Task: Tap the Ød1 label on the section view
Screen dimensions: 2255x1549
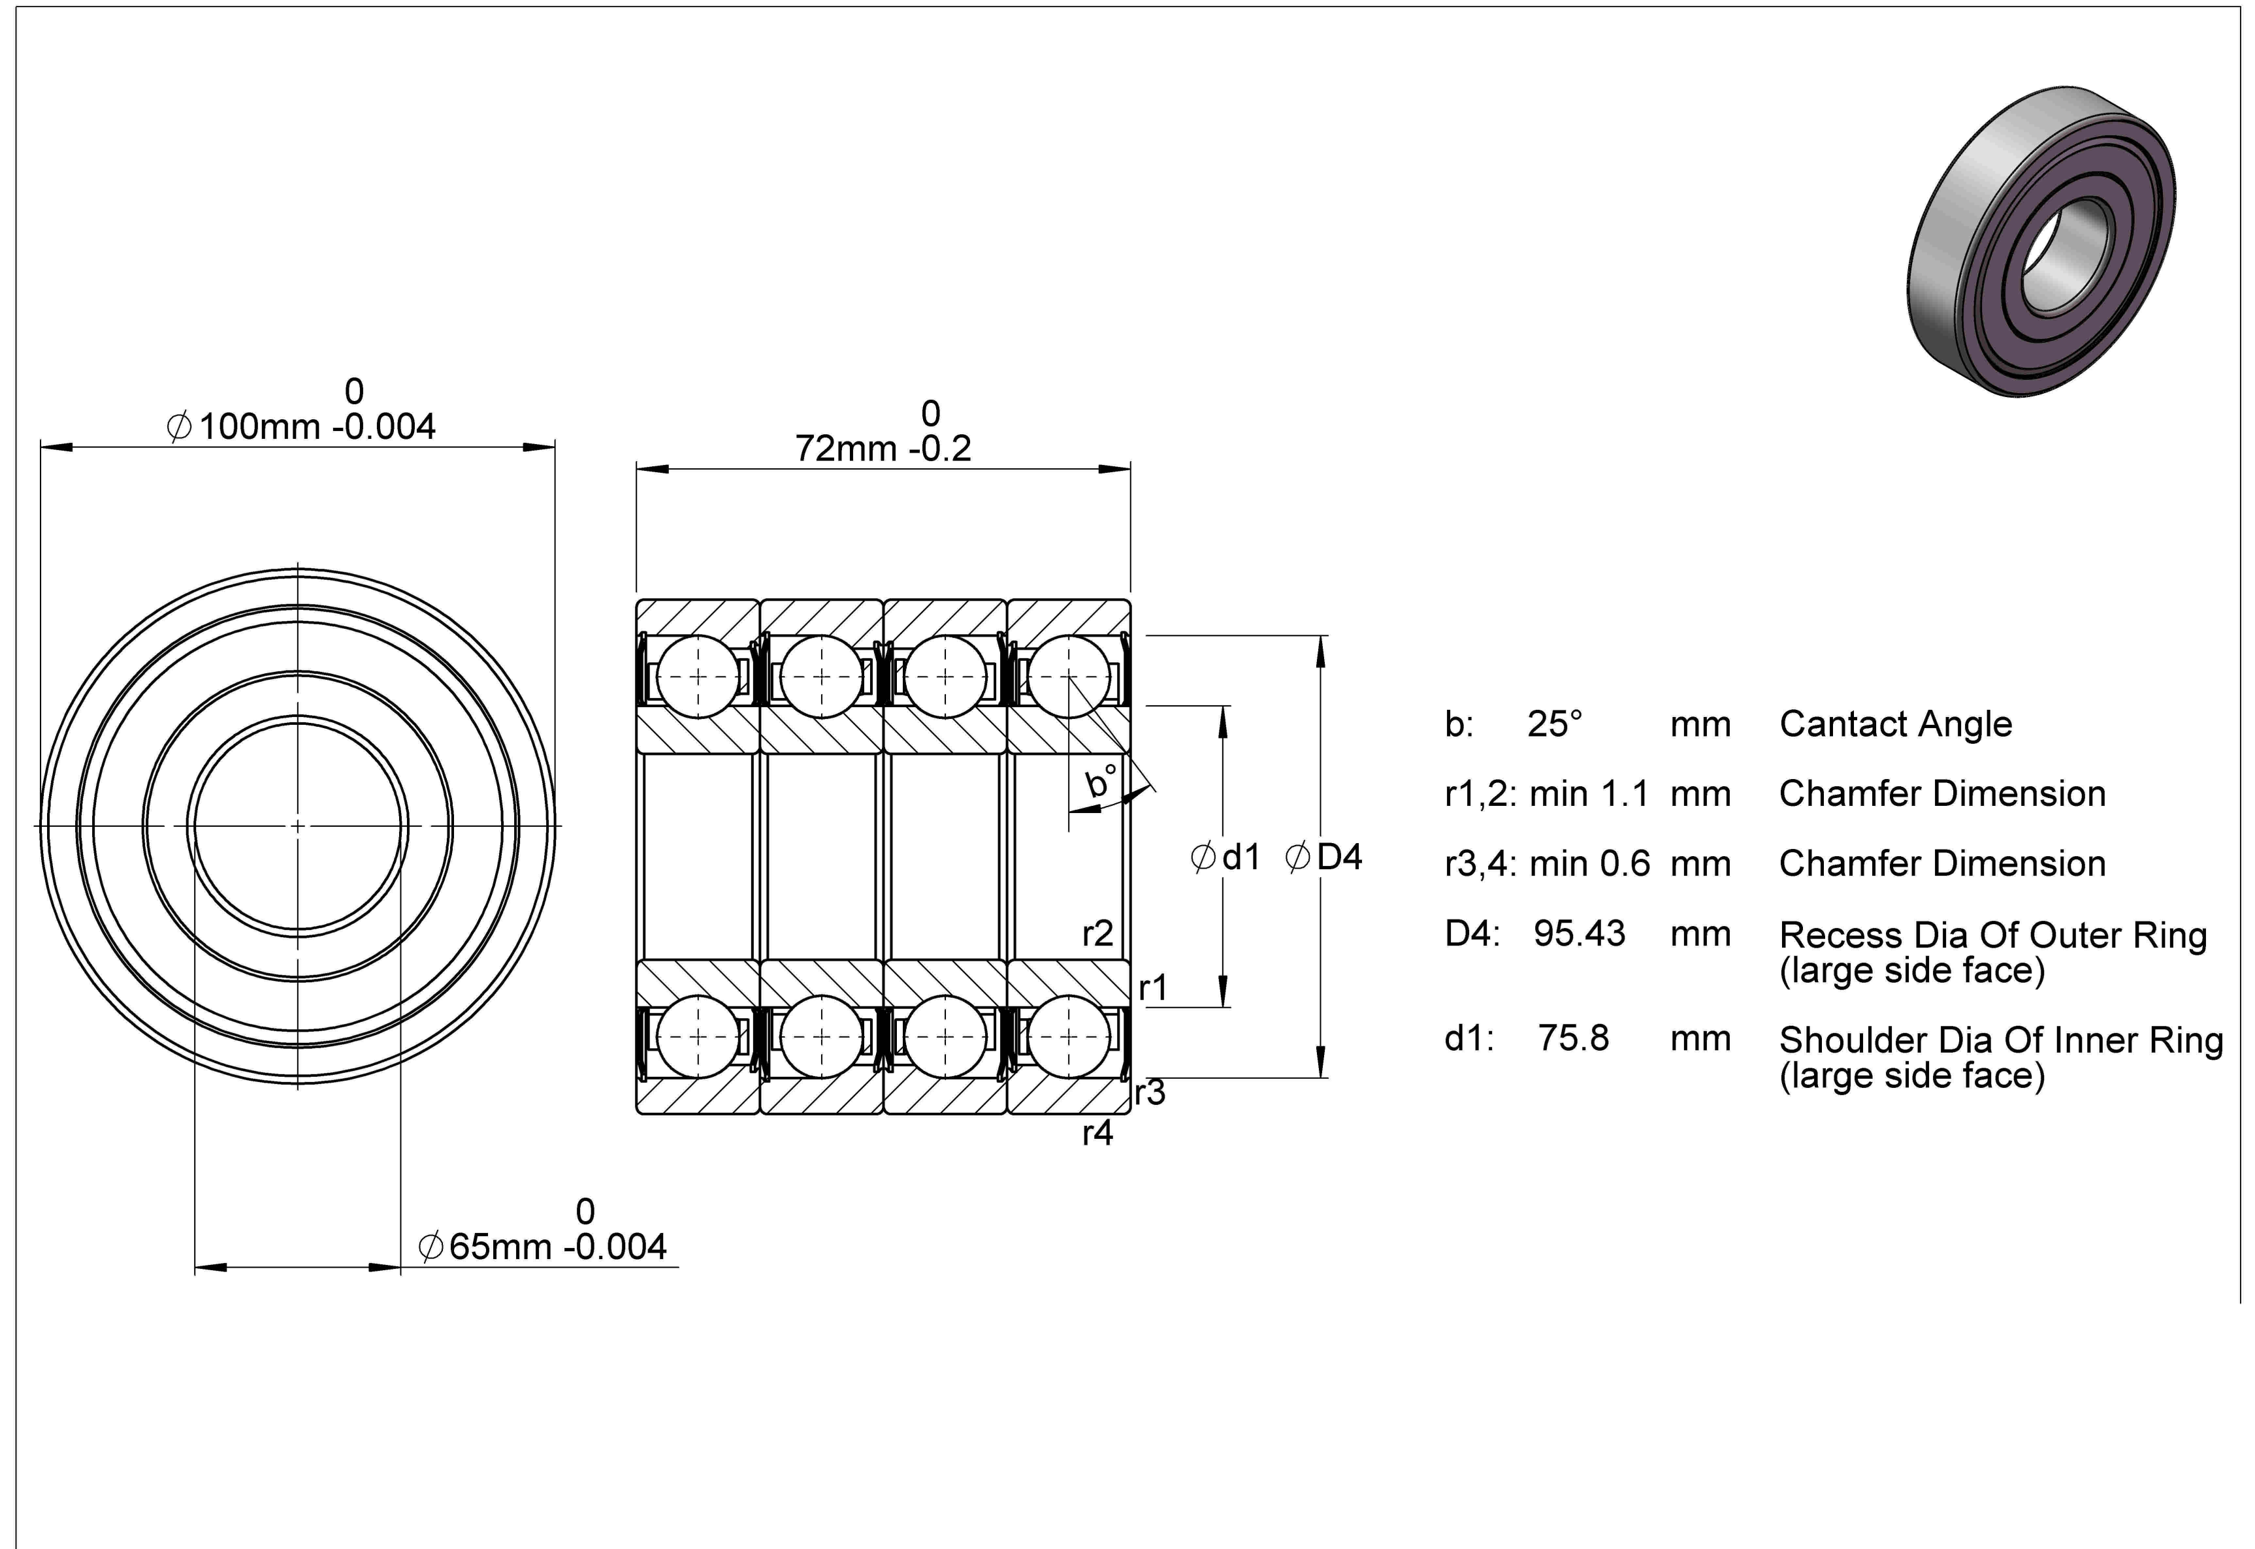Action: click(1226, 857)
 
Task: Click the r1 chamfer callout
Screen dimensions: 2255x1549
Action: click(1153, 988)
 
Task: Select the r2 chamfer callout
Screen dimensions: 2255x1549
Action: click(1098, 934)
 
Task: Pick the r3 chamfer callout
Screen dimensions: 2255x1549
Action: click(1150, 1093)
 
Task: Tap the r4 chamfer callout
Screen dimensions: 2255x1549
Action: click(1098, 1132)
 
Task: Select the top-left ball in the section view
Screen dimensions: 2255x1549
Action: click(698, 677)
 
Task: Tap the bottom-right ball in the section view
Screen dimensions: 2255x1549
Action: click(1069, 1036)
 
